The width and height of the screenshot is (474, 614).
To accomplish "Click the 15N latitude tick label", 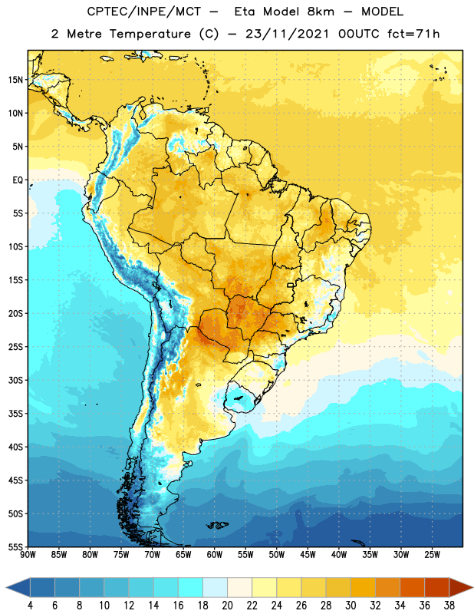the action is point(16,80).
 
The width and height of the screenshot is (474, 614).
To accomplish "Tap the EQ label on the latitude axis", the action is point(18,180).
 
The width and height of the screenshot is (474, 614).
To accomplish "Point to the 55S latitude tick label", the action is point(16,546).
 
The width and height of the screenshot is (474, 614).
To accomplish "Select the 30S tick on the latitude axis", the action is point(16,380).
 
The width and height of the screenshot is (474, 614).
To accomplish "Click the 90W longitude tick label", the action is point(28,555).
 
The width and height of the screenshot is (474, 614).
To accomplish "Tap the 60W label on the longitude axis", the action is point(215,555).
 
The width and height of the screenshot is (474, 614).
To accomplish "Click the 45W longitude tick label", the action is point(308,555).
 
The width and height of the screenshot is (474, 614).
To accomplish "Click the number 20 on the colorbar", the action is point(227,606).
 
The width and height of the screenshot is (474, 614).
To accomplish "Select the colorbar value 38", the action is point(449,606).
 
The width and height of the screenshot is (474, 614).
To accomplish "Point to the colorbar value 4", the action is point(30,606).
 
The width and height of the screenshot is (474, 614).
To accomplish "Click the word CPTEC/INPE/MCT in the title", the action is point(144,12).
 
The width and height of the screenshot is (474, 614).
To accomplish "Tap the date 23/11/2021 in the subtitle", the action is point(288,34).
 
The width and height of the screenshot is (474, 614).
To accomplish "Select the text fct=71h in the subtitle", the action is point(413,34).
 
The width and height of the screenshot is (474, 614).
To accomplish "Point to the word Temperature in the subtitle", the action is point(150,35).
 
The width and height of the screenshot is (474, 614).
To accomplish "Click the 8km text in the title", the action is point(321,12).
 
